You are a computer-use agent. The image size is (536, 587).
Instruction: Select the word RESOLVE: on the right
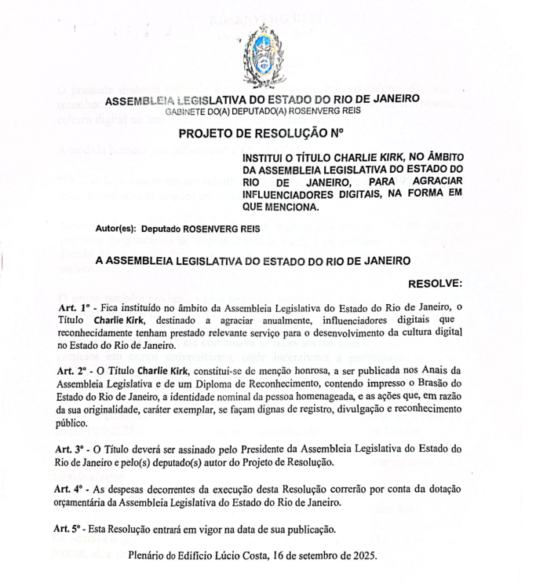point(436,282)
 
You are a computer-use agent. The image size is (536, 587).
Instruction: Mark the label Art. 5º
point(73,530)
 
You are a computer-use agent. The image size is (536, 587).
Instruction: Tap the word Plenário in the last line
point(148,556)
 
